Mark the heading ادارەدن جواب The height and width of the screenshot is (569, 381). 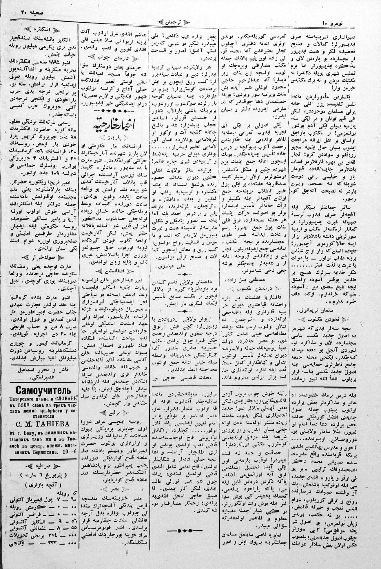point(114,57)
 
